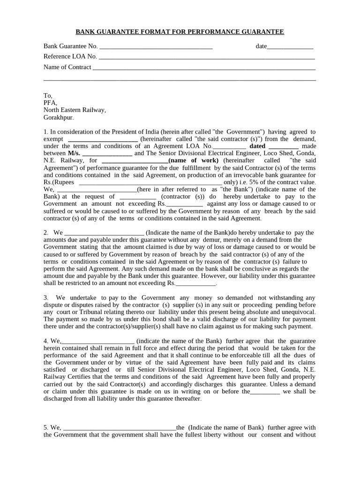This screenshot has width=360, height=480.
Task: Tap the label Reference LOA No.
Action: [x=70, y=57]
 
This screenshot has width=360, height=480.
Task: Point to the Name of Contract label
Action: [x=67, y=67]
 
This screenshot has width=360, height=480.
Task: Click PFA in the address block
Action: [x=50, y=103]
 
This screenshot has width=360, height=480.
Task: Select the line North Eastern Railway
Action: [x=75, y=110]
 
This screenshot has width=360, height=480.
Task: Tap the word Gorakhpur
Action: [x=58, y=118]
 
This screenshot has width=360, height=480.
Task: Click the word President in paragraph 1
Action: [x=122, y=132]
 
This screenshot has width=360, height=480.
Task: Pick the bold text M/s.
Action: [x=74, y=153]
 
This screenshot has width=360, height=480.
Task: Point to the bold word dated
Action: [x=257, y=146]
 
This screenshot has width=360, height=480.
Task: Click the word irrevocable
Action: [x=255, y=175]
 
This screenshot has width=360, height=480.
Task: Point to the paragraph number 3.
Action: [x=46, y=298]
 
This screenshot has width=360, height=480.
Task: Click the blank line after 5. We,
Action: [x=119, y=427]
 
